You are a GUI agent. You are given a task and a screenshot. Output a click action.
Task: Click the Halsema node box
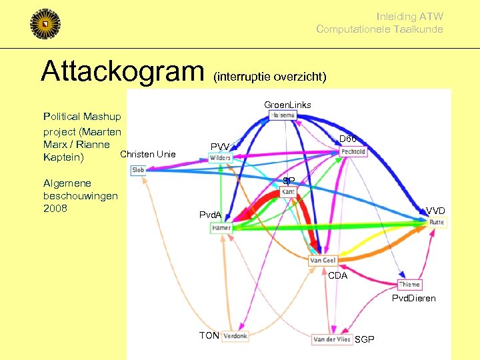point(283,115)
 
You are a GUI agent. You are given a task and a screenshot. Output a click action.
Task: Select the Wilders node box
point(220,158)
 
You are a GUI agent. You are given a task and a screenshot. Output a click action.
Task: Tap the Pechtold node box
point(353,151)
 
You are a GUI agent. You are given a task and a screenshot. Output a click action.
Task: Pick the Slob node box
point(138,170)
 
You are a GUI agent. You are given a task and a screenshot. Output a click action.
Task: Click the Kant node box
point(289,192)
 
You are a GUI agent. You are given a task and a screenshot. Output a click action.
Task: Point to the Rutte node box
point(437,222)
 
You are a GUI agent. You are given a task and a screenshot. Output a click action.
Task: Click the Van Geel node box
point(323,261)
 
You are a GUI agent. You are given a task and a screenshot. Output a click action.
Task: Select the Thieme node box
point(409,285)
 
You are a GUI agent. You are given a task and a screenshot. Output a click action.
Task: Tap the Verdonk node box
point(235,336)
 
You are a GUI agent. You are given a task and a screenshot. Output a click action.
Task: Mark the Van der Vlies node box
point(332,339)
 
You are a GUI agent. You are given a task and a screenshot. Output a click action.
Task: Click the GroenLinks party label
point(287,105)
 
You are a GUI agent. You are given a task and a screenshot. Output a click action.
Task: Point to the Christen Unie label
point(147,155)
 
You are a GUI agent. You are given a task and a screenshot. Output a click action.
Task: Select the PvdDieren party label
point(413,298)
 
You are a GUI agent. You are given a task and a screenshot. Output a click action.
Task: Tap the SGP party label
point(365,340)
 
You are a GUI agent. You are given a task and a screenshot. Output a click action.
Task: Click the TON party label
point(209,335)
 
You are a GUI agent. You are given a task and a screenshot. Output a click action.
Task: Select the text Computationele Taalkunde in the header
point(379,29)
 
